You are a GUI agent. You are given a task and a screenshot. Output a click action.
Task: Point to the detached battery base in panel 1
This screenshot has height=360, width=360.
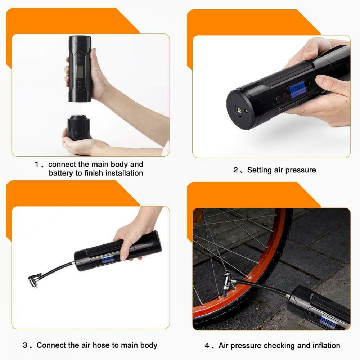pos(78,127)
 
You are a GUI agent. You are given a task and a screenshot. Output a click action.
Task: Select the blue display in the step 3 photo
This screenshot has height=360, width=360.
pos(107,259)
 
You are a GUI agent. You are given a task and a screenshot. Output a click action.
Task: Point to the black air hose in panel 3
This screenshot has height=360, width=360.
pos(58,270)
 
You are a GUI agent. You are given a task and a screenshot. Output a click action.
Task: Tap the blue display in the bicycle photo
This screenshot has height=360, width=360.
pos(328,321)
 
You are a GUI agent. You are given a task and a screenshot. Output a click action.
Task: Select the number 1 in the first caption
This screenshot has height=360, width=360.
pos(37,165)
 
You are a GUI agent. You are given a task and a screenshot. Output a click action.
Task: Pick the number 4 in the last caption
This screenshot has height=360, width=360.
pos(207,346)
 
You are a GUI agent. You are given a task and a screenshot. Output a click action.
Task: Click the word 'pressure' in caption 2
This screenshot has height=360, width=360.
pos(301,170)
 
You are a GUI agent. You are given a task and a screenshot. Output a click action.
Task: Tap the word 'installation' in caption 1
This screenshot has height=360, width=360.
pos(123,173)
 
